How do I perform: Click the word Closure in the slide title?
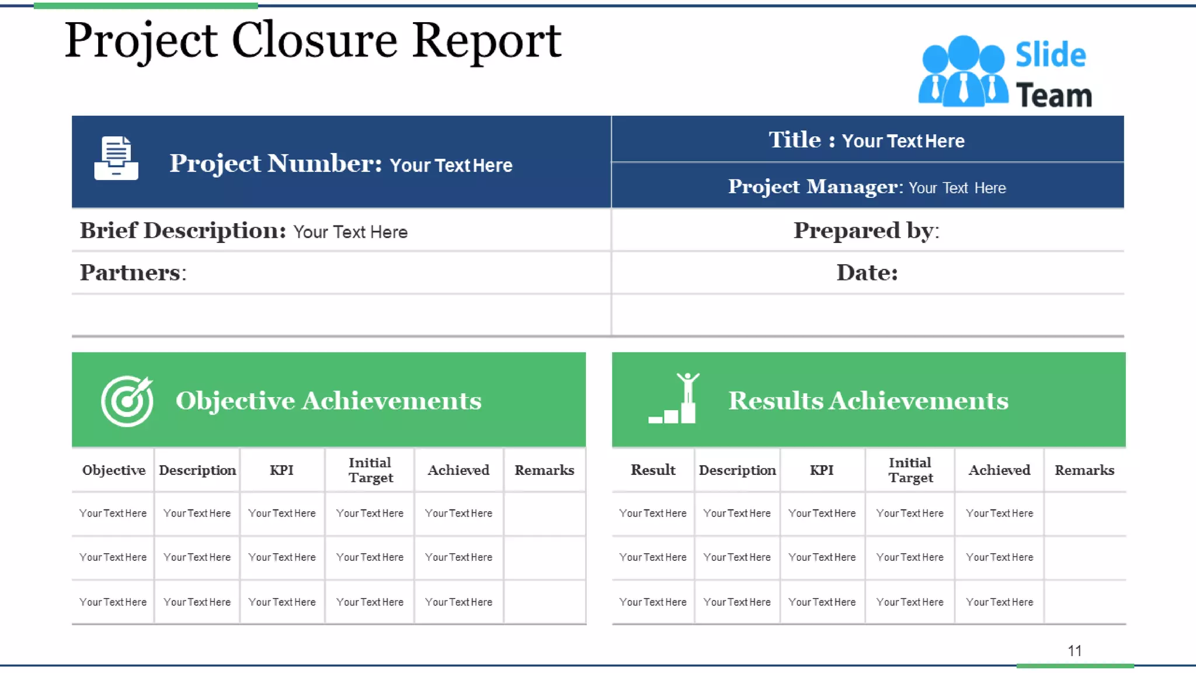pos(314,41)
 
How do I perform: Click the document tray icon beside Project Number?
pos(116,158)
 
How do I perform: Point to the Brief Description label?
pos(183,231)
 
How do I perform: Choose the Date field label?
pos(867,273)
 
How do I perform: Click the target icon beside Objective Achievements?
pos(127,401)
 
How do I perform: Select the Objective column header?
pos(113,470)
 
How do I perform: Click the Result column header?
pos(653,470)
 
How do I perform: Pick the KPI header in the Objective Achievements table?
pos(281,470)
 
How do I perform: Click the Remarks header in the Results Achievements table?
pos(1084,470)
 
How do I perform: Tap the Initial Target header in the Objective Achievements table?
pos(370,470)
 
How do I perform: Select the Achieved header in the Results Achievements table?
pos(999,470)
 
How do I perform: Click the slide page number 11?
pos(1075,651)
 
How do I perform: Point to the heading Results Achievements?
pos(868,401)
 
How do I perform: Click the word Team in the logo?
pos(1054,95)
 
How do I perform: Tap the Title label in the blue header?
pos(795,140)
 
